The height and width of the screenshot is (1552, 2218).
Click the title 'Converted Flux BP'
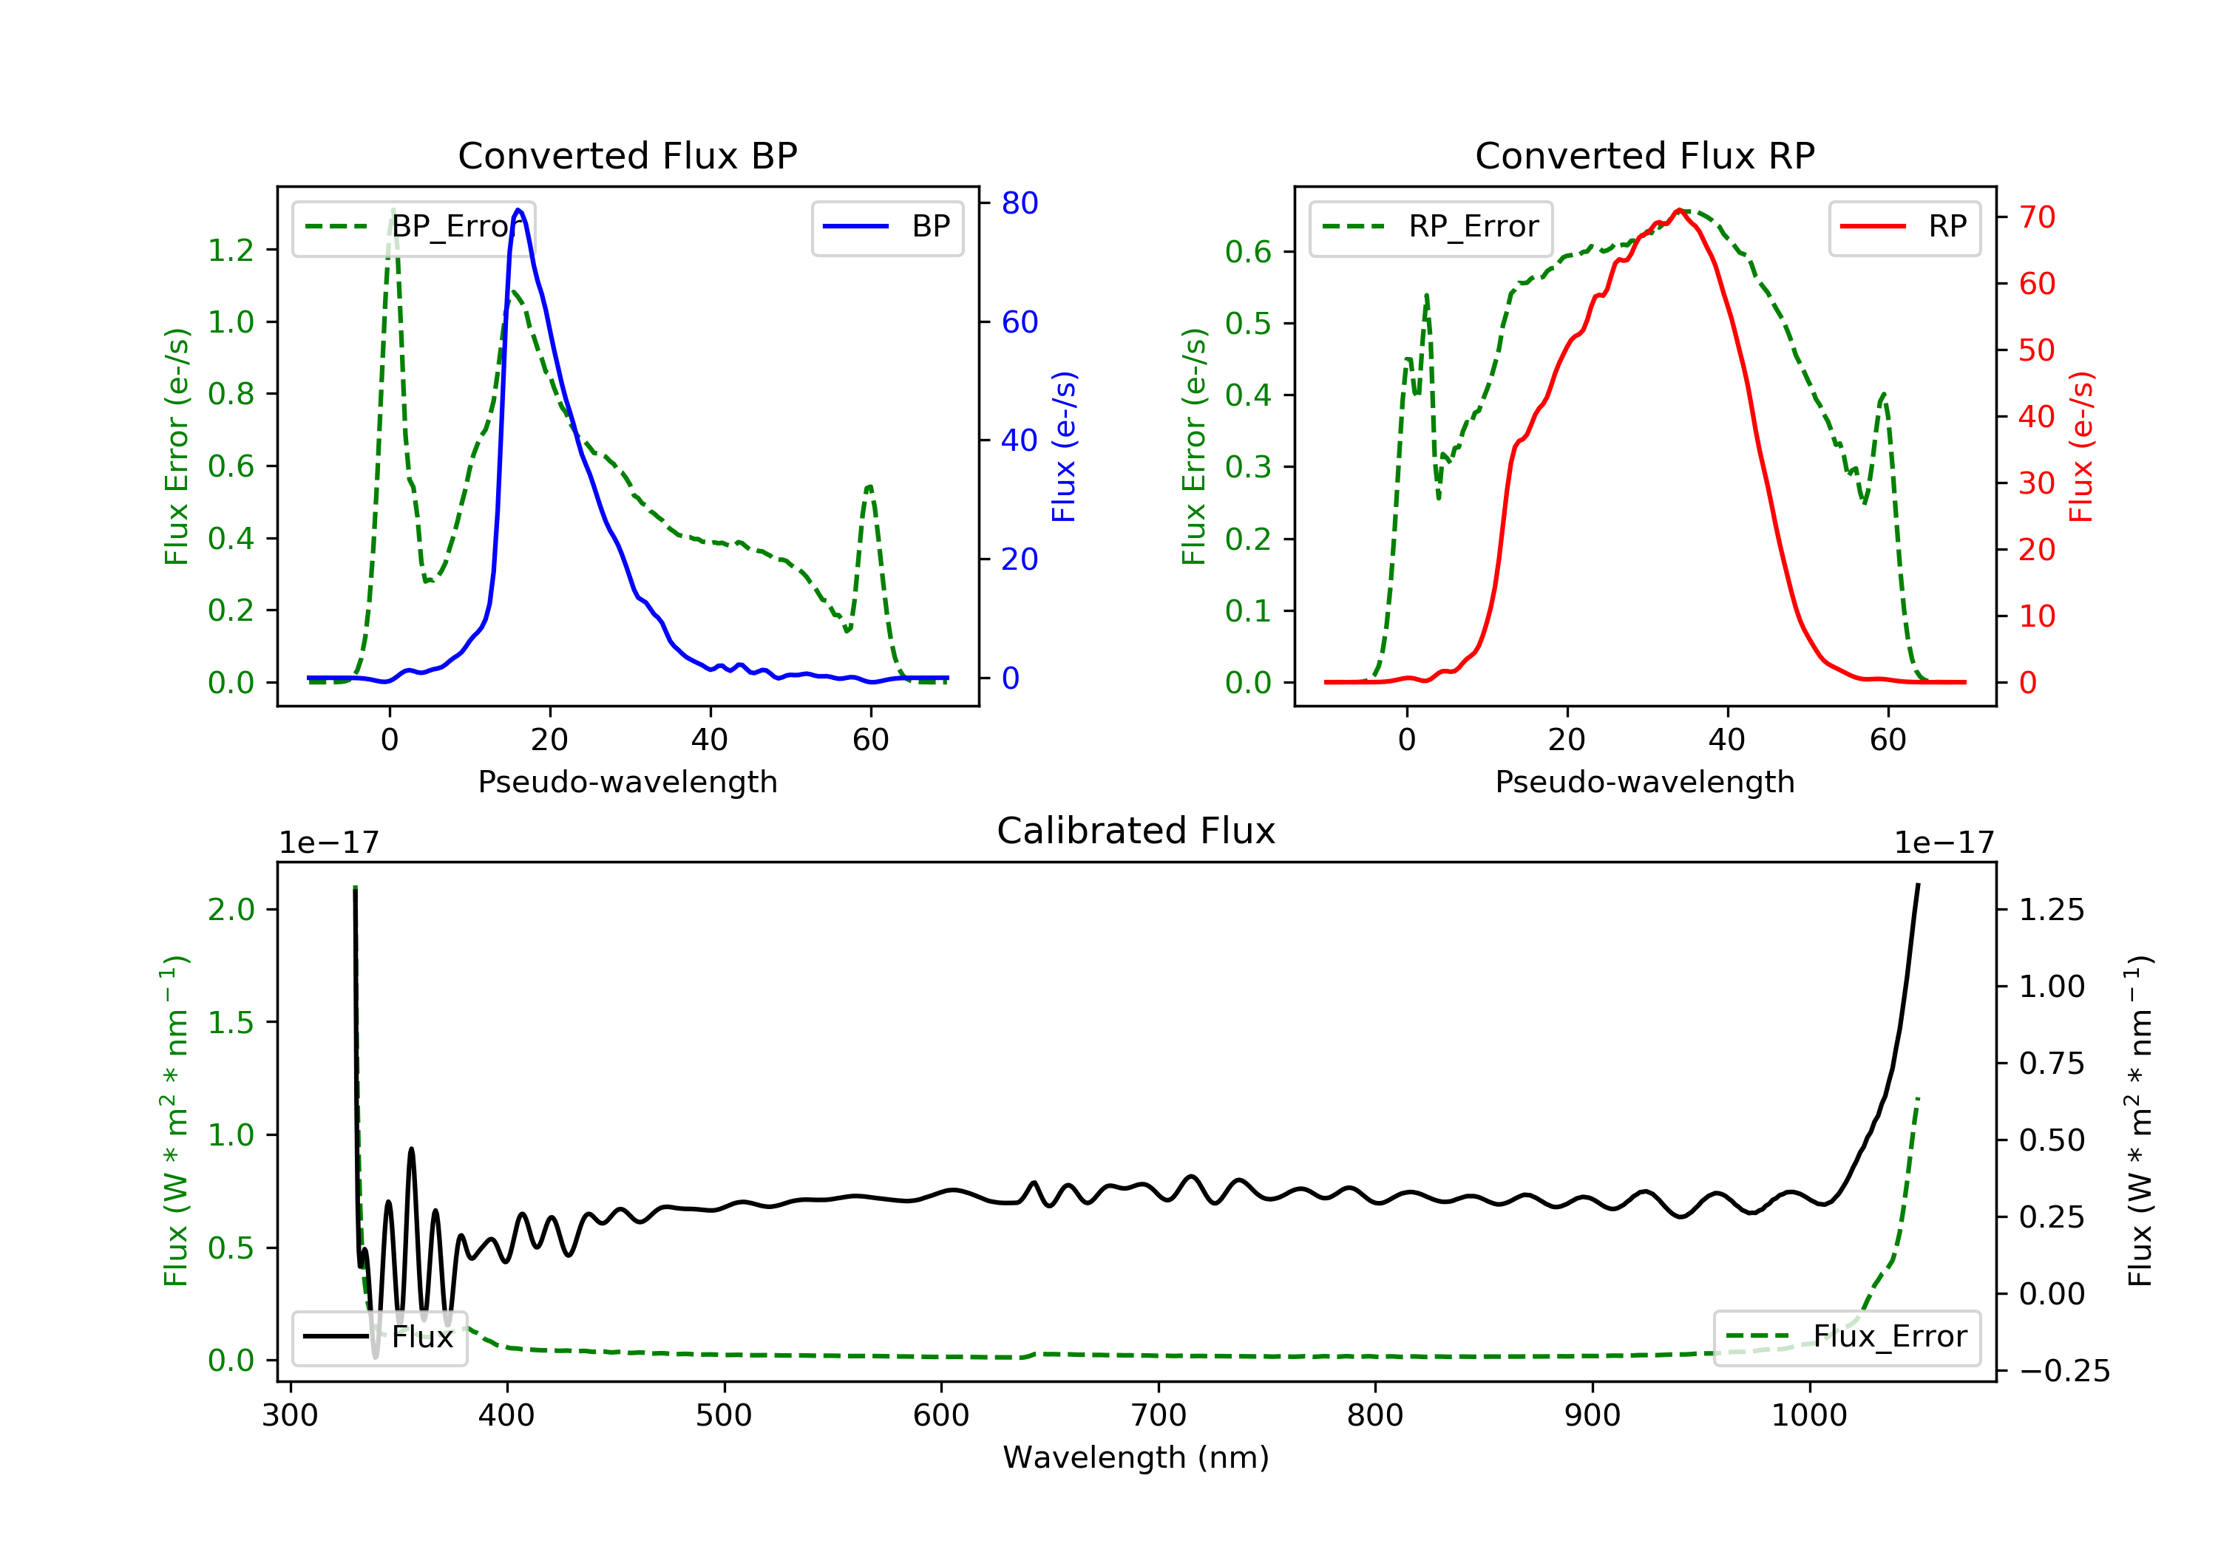click(x=627, y=155)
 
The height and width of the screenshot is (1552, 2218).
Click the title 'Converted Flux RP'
click(x=1644, y=155)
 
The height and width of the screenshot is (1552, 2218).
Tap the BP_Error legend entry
click(x=413, y=227)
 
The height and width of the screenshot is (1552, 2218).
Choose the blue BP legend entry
click(x=886, y=227)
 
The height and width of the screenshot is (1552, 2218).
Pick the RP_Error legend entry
click(x=1430, y=227)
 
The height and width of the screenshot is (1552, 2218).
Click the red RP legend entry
click(x=1904, y=227)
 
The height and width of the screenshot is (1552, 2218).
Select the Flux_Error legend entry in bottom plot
click(x=1846, y=1337)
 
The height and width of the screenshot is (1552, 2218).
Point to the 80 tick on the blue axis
click(x=1019, y=202)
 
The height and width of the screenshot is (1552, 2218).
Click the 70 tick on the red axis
click(x=2036, y=217)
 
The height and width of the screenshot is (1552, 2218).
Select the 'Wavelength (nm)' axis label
click(x=1136, y=1457)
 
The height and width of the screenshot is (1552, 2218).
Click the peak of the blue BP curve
click(x=519, y=210)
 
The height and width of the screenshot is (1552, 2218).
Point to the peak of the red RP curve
click(x=1680, y=210)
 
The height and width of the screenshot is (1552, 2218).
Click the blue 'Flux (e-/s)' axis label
click(x=1064, y=446)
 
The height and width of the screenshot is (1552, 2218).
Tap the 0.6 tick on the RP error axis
click(x=1248, y=252)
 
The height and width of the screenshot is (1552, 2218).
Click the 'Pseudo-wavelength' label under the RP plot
click(x=1644, y=781)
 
